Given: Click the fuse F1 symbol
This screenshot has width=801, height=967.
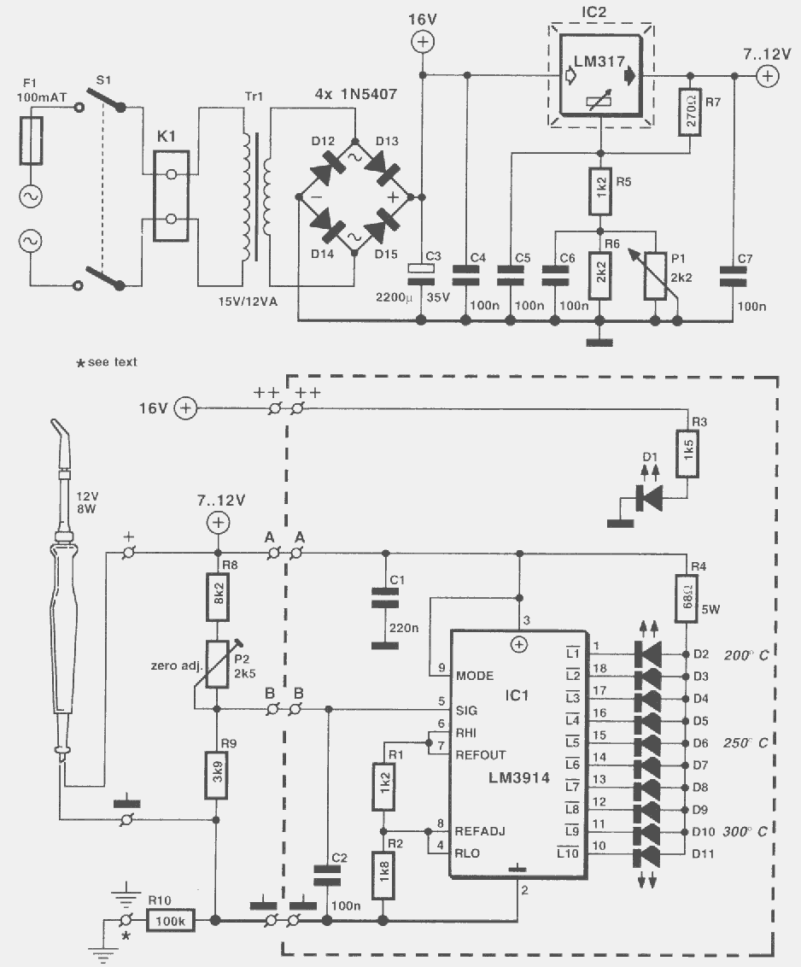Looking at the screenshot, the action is [x=31, y=141].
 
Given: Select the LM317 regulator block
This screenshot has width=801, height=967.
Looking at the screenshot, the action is [x=600, y=75].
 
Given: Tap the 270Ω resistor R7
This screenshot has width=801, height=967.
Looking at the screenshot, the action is [x=690, y=112].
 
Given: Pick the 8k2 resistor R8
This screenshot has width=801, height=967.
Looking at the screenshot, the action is [x=217, y=596].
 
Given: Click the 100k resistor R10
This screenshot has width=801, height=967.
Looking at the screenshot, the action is [x=171, y=921].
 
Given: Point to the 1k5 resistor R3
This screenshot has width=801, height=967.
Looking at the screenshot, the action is [x=687, y=454].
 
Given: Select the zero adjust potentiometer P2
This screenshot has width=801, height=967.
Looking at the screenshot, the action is [x=217, y=665].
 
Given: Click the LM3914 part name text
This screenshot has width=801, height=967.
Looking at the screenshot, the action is [x=519, y=777].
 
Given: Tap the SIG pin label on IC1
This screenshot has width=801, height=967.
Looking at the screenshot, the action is [x=467, y=711].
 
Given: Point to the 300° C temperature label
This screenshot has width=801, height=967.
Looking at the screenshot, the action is [x=745, y=831].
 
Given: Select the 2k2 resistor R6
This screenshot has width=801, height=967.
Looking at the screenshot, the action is [x=600, y=276].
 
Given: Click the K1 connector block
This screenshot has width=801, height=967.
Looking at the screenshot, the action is [x=172, y=196].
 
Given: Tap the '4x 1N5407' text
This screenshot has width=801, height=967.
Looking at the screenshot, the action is [x=356, y=94].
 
